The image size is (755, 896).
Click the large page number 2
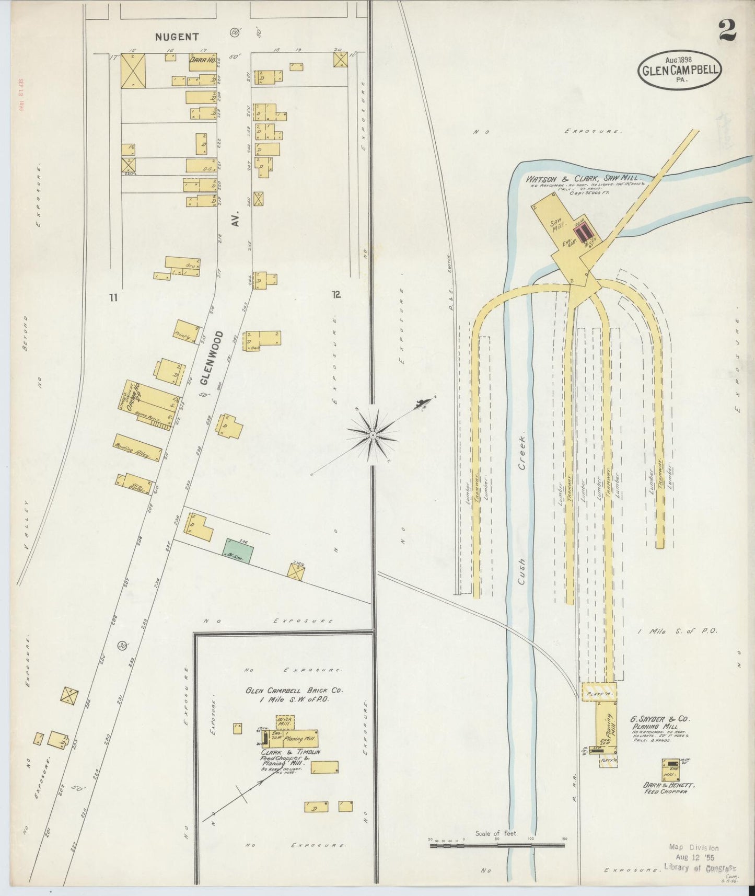pos(727,30)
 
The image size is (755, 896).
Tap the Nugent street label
pos(177,37)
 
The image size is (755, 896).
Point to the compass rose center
pos(373,435)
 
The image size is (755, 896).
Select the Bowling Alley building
pos(137,448)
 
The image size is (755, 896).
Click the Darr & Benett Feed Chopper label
pos(666,788)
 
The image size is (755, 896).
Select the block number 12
pos(336,294)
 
